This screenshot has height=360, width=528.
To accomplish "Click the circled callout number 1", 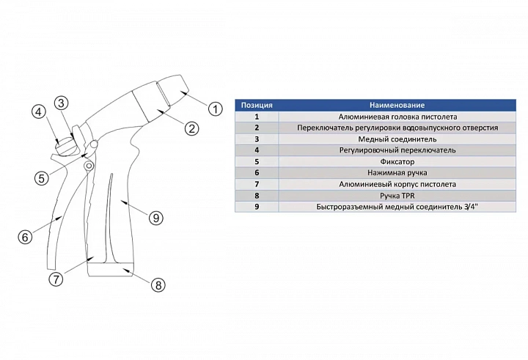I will [x=215, y=109].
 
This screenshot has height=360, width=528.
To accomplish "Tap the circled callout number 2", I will [x=191, y=128].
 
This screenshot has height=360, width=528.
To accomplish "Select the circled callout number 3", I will [x=62, y=103].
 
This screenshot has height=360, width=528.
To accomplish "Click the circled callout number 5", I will [x=42, y=177].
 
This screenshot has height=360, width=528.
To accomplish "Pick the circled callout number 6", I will [x=25, y=237].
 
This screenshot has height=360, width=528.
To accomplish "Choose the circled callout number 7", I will [x=56, y=279].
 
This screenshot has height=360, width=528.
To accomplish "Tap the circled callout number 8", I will [x=157, y=286].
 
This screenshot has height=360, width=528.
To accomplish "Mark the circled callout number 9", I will [x=155, y=217].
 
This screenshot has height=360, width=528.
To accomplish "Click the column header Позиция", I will [x=257, y=106].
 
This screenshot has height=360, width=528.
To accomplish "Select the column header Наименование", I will [x=397, y=106].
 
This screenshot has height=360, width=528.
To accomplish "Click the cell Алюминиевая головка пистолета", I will [x=397, y=117].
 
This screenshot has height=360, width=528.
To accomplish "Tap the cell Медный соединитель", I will [x=397, y=139].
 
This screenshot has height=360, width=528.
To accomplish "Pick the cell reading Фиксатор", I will [x=397, y=161].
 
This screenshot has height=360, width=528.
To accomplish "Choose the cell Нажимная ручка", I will [x=397, y=173].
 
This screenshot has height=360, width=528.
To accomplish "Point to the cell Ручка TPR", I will [x=397, y=196].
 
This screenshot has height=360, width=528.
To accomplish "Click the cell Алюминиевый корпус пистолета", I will [x=397, y=184].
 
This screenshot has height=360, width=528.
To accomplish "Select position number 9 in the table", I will [x=257, y=207].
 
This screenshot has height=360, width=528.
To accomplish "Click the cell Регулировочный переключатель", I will [x=397, y=150].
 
